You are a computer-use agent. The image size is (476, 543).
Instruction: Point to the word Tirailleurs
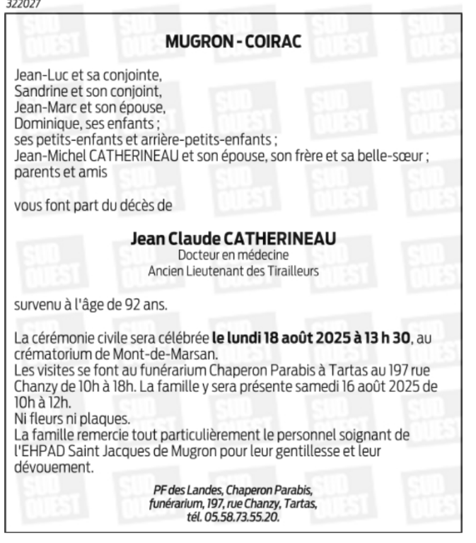[x=289, y=270]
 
